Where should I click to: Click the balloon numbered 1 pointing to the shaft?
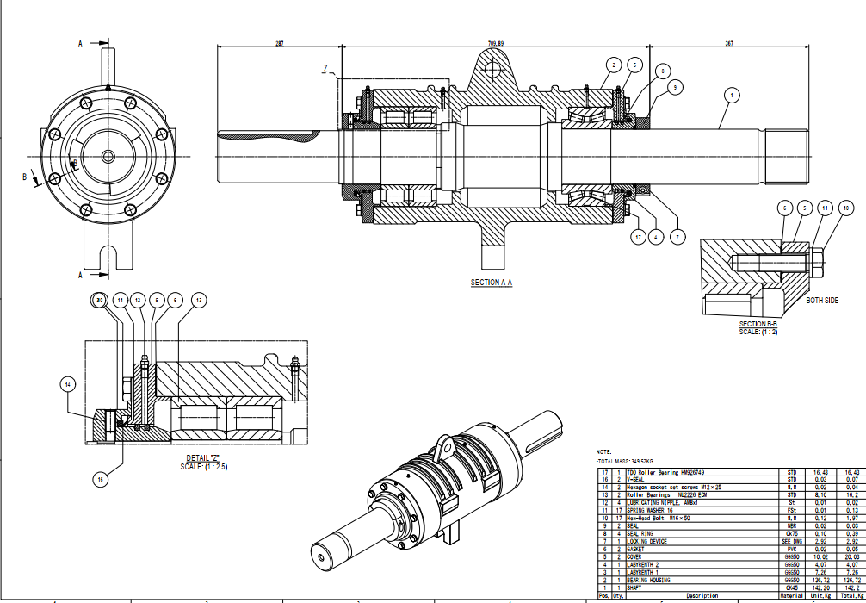click(731, 95)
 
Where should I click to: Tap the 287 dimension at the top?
click(279, 43)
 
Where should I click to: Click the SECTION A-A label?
click(492, 283)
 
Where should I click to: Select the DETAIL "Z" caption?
click(204, 458)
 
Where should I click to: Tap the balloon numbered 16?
click(102, 478)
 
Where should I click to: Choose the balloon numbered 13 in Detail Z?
click(200, 300)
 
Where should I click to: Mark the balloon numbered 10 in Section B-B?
click(846, 208)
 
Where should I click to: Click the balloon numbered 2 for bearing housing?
click(613, 65)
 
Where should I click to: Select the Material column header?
click(792, 595)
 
